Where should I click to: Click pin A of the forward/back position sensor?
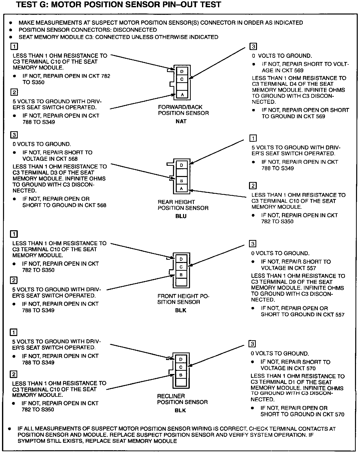[182, 95]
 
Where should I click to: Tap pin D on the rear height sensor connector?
[182, 165]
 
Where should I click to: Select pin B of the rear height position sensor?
[182, 181]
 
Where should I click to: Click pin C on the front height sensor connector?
[181, 267]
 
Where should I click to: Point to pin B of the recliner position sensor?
[181, 375]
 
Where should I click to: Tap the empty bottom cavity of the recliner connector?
[181, 383]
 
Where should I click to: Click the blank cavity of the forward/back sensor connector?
[182, 87]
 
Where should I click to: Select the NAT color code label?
[181, 122]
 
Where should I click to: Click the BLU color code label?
[181, 216]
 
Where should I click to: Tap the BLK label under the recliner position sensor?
[180, 410]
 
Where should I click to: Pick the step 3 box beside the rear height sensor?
[14, 135]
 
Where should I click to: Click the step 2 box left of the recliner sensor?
[13, 374]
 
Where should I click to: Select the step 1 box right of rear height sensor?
[253, 138]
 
